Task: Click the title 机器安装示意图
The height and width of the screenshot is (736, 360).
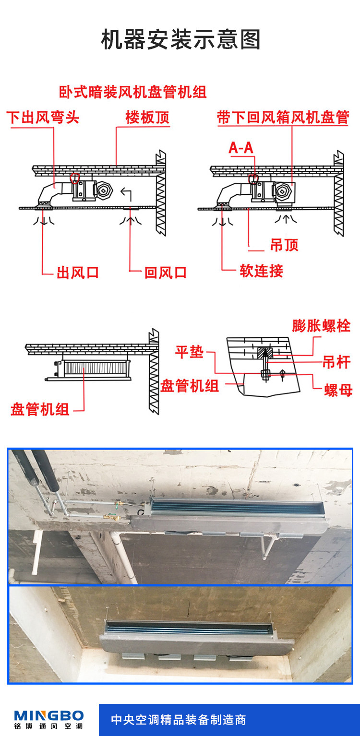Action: tap(180, 40)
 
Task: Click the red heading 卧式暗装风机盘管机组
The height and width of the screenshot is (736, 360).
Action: tap(132, 92)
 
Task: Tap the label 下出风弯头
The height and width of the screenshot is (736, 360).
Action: tap(43, 117)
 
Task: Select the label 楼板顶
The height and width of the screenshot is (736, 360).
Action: tap(147, 117)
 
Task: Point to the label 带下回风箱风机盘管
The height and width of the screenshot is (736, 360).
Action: tap(282, 118)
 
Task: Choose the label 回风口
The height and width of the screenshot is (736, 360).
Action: tap(165, 273)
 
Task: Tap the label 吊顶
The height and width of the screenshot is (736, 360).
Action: tap(284, 245)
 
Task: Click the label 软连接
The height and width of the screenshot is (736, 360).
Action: tap(262, 271)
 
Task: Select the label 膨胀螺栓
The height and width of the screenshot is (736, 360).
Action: tap(321, 326)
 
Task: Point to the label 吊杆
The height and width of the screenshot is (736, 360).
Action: tap(336, 362)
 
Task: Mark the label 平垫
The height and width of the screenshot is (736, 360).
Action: tap(189, 353)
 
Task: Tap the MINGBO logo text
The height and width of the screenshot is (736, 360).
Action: tap(48, 715)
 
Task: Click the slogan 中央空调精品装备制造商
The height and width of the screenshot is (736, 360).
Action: tap(178, 720)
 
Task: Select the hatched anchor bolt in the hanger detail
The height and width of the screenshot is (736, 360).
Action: tap(265, 353)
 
